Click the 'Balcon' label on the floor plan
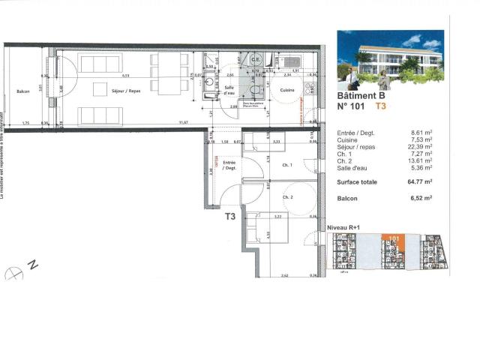tap(22, 92)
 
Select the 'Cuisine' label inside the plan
tap(287, 90)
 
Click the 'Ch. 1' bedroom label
tap(286, 165)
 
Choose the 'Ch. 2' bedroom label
tap(287, 197)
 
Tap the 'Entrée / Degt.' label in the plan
tap(229, 165)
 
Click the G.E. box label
tap(256, 59)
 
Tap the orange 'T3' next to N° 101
tap(381, 107)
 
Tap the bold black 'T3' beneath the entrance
tap(230, 216)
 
